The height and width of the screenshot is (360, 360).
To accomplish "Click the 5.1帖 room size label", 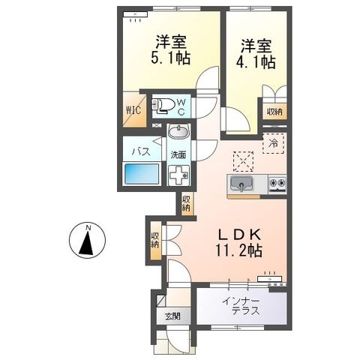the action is pyautogui.click(x=170, y=58).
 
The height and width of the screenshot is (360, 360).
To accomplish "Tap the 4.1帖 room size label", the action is pyautogui.click(x=256, y=62).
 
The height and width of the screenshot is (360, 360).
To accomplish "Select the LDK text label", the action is pyautogui.click(x=240, y=234).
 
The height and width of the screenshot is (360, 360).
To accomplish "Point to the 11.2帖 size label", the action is pyautogui.click(x=239, y=250).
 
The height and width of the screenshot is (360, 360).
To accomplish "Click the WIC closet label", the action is pyautogui.click(x=133, y=110).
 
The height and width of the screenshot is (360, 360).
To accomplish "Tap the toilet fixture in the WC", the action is pyautogui.click(x=163, y=105).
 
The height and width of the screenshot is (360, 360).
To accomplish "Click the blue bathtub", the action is pyautogui.click(x=142, y=174).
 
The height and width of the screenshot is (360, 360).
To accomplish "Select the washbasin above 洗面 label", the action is pyautogui.click(x=178, y=131).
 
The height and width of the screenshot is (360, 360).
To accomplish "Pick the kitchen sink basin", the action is pyautogui.click(x=241, y=184).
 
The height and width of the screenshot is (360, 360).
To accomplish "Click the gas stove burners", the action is pyautogui.click(x=277, y=184).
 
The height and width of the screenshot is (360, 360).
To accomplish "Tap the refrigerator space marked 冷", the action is pyautogui.click(x=273, y=143).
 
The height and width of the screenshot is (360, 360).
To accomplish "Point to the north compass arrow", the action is pyautogui.click(x=87, y=243).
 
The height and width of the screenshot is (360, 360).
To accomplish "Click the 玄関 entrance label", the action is pyautogui.click(x=172, y=316).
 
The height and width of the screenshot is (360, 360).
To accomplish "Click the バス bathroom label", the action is pyautogui.click(x=141, y=151).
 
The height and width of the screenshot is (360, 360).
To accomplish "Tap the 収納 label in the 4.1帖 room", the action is pyautogui.click(x=274, y=112).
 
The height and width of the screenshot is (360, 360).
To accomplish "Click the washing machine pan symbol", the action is pyautogui.click(x=178, y=175).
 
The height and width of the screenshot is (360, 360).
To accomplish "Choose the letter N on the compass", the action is pyautogui.click(x=88, y=227).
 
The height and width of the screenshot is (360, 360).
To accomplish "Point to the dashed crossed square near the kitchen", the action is pyautogui.click(x=243, y=161).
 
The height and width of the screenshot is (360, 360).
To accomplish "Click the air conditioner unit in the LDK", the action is pyautogui.click(x=270, y=279).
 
